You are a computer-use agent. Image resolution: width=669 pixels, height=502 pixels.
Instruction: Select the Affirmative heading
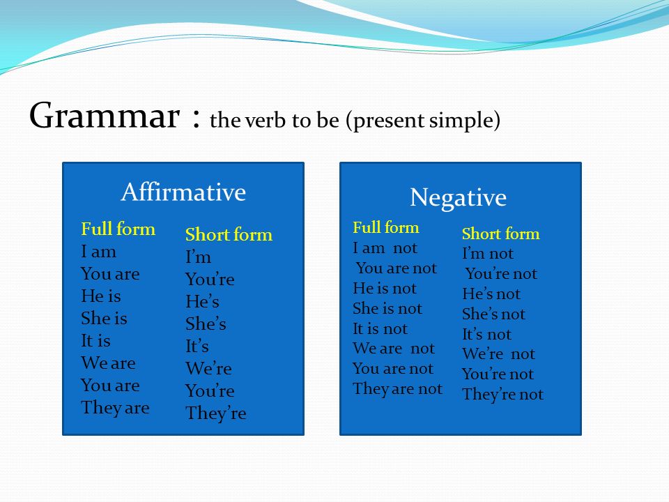tap(183, 192)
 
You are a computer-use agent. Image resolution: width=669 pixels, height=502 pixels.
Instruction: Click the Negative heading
tap(459, 198)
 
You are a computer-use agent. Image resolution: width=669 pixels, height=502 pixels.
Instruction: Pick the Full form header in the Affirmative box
tap(118, 229)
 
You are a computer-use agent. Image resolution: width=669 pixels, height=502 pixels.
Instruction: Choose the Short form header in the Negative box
tap(500, 234)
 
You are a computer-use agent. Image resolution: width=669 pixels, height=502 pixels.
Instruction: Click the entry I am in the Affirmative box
tap(98, 252)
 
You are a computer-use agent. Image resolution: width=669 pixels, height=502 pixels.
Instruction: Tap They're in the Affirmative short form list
tap(216, 413)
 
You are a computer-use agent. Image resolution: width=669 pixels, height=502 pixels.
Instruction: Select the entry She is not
tap(387, 308)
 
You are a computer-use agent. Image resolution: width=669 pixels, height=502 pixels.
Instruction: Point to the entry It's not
tap(486, 334)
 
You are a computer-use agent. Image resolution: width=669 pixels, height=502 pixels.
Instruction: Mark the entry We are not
tap(393, 349)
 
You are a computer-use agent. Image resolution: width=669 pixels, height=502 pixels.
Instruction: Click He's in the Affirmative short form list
tap(202, 301)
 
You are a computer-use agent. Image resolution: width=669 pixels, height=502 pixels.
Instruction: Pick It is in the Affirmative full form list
tap(95, 341)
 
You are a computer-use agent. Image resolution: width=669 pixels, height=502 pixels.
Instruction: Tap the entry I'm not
tap(488, 254)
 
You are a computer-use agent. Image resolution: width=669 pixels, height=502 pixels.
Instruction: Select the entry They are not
tap(398, 389)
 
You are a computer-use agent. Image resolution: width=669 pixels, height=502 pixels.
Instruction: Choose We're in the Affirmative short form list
tap(208, 368)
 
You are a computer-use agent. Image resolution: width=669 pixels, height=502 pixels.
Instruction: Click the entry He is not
tap(385, 288)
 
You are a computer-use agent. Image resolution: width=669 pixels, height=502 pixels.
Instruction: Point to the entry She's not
tap(493, 314)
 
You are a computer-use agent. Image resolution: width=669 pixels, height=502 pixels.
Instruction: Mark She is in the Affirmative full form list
tap(104, 318)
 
